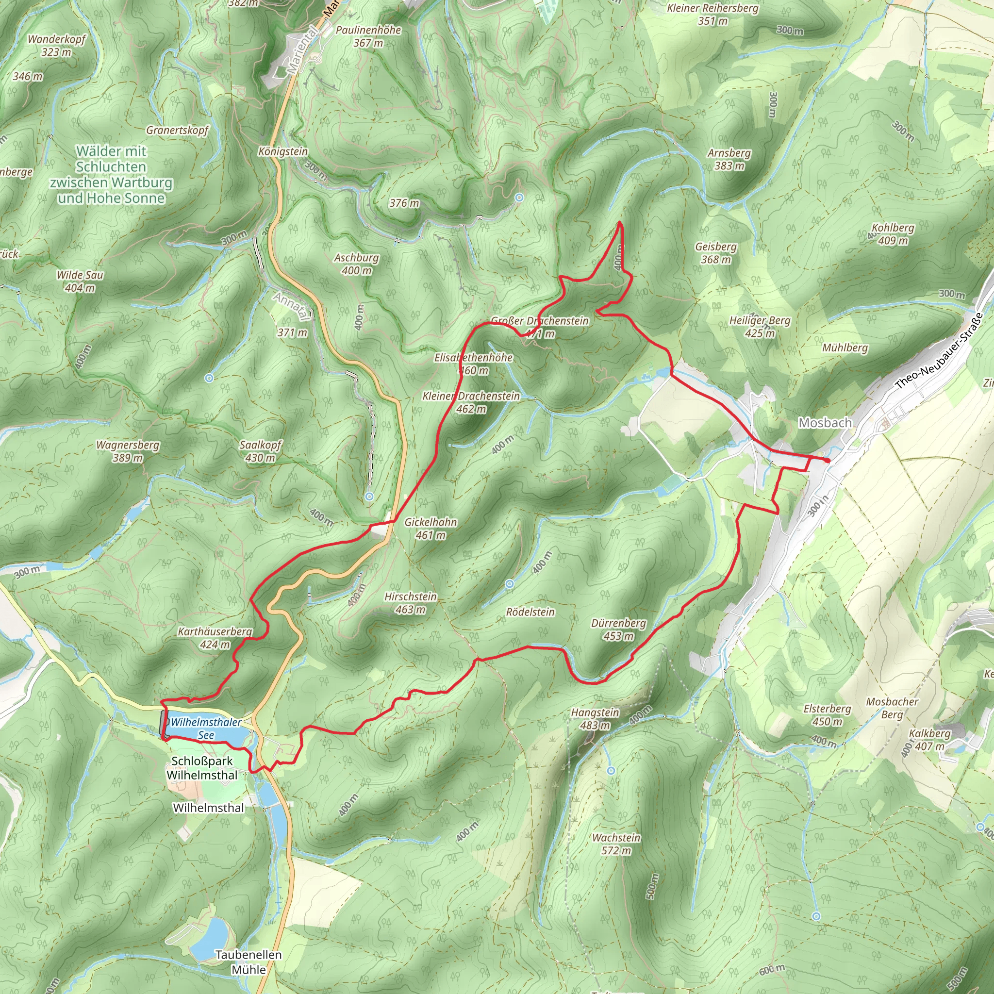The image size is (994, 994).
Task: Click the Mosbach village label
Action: (825, 423)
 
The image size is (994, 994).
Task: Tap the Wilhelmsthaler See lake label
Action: (206, 729)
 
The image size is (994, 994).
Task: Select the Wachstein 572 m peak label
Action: (616, 844)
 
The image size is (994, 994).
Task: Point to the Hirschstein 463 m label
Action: (411, 603)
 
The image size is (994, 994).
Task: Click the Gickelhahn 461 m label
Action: (431, 529)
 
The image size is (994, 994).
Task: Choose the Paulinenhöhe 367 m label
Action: (368, 36)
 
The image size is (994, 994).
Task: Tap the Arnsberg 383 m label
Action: (729, 159)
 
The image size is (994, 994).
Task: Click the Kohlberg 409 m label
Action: (893, 233)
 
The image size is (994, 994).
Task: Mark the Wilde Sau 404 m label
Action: (80, 281)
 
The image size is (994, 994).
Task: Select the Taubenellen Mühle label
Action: (248, 962)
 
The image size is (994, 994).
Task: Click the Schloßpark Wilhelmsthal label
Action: (202, 768)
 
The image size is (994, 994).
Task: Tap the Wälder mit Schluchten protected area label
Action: (111, 174)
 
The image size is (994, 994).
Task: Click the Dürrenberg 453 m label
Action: (618, 629)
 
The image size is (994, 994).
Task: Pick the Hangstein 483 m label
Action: (595, 719)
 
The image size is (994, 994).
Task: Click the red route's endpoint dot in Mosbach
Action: (827, 461)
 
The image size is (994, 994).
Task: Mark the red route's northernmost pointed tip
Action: (619, 222)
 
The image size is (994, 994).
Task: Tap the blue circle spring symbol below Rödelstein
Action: (509, 583)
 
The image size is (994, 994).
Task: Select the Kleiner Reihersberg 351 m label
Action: (712, 15)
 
